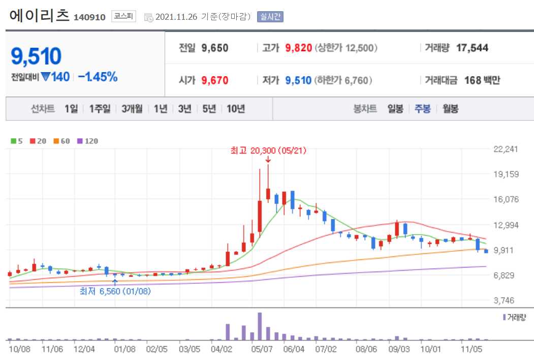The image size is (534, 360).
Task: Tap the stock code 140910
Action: tap(89, 17)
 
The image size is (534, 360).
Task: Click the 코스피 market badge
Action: tap(124, 16)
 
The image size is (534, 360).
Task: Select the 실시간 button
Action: tap(270, 17)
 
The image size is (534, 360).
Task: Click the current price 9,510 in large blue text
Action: tap(36, 56)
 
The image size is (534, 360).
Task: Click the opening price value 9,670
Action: tap(215, 80)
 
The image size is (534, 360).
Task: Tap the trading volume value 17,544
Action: tap(472, 48)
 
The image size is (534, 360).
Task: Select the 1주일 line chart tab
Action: tap(100, 109)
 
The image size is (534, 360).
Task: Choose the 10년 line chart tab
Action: tap(236, 109)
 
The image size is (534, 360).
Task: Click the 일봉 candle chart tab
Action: tap(395, 109)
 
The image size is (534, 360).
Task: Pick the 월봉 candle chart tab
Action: tap(450, 109)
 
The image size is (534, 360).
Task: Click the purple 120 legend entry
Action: tap(88, 141)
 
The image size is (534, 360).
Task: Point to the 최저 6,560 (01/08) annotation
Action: tap(115, 291)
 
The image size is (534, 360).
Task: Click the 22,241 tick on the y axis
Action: tap(505, 149)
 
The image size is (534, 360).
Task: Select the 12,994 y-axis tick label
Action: tap(505, 224)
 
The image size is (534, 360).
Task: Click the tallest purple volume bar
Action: tap(260, 326)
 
